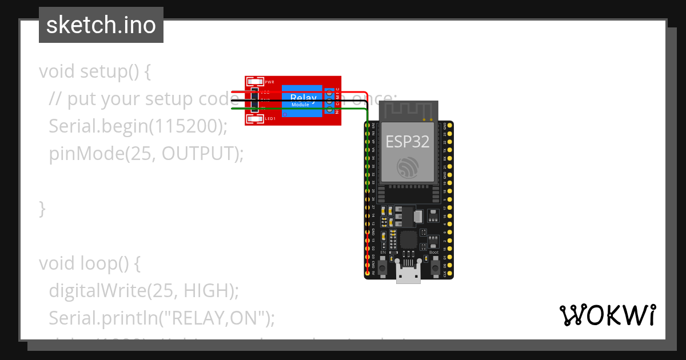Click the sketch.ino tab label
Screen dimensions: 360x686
click(101, 25)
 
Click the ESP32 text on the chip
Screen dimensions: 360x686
click(408, 141)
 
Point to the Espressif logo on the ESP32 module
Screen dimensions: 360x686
click(408, 166)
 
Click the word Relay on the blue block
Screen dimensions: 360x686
click(303, 98)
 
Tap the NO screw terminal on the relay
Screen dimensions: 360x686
click(330, 91)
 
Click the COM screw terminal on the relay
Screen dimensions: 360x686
click(330, 100)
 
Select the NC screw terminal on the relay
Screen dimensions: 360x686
click(330, 108)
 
